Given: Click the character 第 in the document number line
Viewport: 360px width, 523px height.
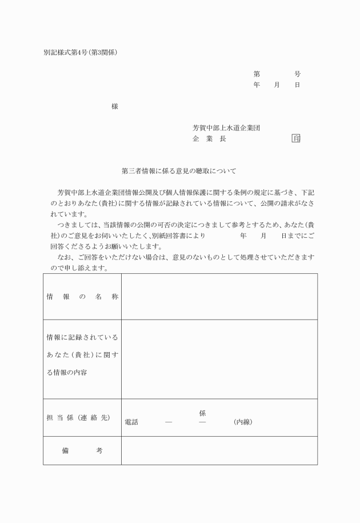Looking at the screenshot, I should (x=257, y=74).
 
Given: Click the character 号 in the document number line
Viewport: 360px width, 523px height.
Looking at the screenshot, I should (x=298, y=74).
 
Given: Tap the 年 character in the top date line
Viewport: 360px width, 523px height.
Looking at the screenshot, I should (x=257, y=85).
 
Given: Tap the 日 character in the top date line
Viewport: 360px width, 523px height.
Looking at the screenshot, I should (x=298, y=85).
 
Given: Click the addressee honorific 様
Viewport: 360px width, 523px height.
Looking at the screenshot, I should (x=115, y=106).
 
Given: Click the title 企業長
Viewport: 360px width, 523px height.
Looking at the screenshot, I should (x=209, y=139).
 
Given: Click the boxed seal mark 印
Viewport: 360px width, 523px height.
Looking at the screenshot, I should (x=296, y=139).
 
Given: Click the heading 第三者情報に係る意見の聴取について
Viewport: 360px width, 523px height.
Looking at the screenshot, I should (x=179, y=171).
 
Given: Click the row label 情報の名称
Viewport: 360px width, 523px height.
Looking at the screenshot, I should (x=82, y=297).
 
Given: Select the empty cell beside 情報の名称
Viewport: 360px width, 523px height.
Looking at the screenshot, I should (x=219, y=297).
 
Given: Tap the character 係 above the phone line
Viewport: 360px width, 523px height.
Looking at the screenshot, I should (x=202, y=413).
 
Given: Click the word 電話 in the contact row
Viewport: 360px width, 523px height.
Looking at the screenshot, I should (x=131, y=422).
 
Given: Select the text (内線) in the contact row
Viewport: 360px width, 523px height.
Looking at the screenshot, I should (x=243, y=422).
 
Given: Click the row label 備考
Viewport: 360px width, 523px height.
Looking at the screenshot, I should (x=82, y=450).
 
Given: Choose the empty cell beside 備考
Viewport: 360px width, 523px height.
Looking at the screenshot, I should (x=219, y=450).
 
